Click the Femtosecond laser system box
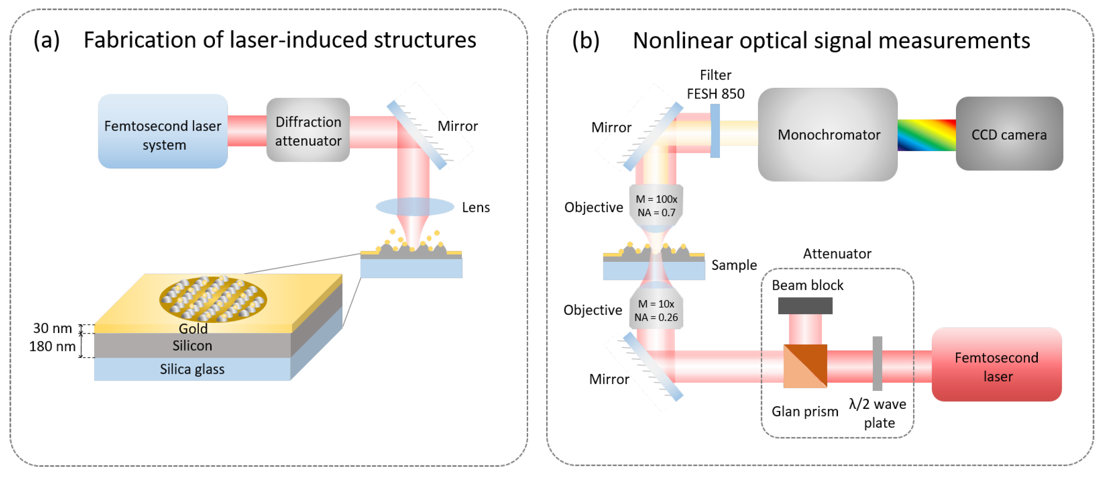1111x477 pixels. point(163,131)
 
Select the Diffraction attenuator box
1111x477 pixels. point(308,130)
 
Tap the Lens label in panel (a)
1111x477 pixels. point(475,208)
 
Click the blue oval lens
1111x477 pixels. point(415,207)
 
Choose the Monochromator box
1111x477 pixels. point(828,135)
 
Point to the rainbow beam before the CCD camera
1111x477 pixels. point(926,135)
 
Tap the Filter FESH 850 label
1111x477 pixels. point(715,85)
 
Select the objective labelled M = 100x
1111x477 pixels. point(656,206)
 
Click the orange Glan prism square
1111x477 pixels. point(805,366)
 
